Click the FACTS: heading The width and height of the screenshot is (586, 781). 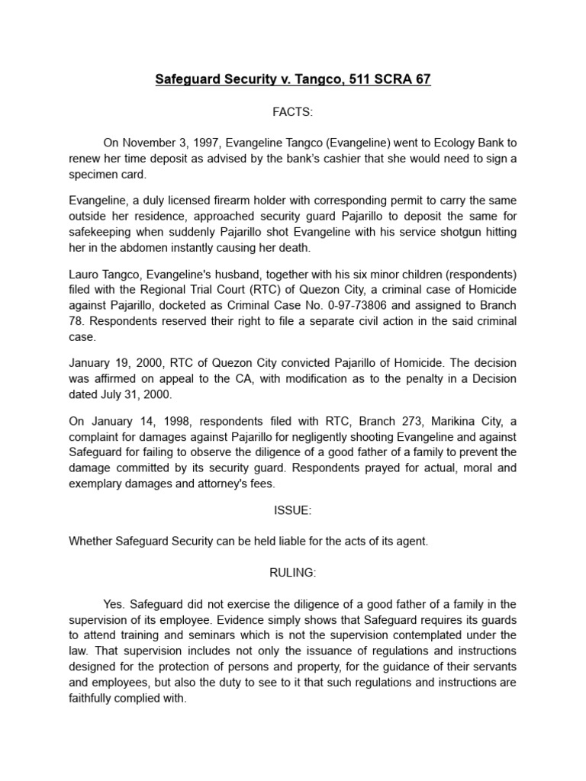(x=293, y=112)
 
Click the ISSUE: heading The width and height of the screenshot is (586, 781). (x=293, y=510)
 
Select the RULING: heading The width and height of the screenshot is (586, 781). (x=293, y=573)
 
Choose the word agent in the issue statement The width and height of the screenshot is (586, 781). (x=413, y=542)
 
